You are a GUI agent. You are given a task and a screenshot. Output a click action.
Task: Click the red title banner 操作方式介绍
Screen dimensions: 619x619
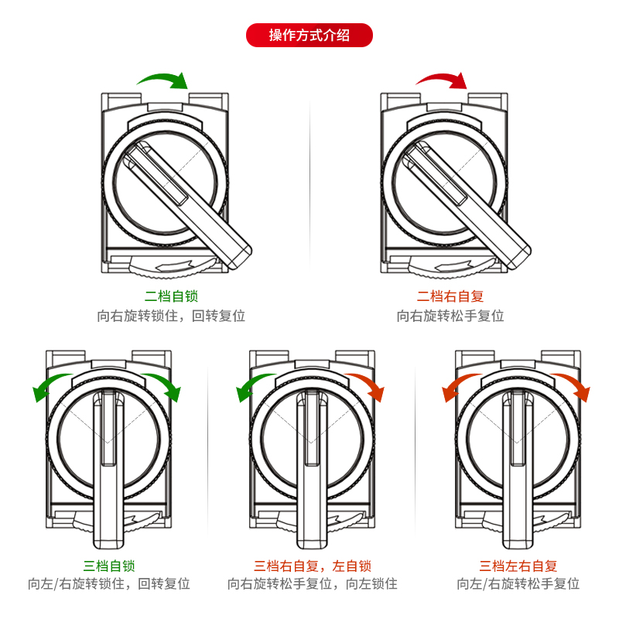309,36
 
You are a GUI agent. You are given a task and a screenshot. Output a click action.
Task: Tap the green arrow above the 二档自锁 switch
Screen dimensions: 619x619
162,79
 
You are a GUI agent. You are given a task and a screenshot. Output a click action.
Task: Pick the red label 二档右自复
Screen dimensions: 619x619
450,296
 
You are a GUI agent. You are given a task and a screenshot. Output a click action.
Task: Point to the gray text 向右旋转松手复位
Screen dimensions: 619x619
450,316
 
